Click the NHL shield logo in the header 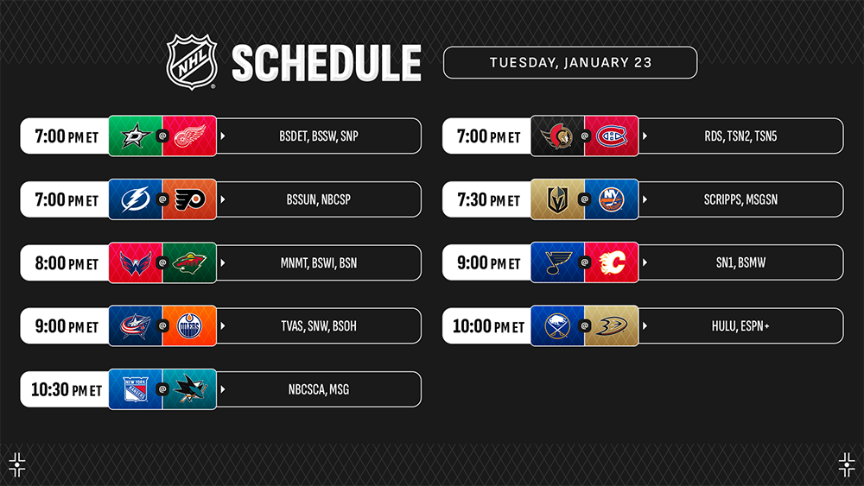tap(192, 61)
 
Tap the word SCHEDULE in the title tap(327, 63)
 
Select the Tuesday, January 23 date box tap(570, 63)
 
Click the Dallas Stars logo tap(136, 136)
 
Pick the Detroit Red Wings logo tap(189, 136)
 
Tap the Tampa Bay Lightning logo tap(136, 199)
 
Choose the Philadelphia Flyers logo tap(189, 199)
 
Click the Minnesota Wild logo tap(189, 262)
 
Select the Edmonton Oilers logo tap(189, 325)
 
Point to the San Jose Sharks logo tap(189, 389)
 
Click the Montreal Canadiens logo tap(612, 136)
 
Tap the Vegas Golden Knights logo tap(557, 199)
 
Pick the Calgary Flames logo tap(612, 262)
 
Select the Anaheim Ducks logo tap(612, 325)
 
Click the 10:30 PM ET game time tap(67, 389)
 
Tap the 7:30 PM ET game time tap(489, 199)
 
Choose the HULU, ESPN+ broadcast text tap(740, 325)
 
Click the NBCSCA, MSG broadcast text tap(319, 389)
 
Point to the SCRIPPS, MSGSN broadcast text tap(740, 199)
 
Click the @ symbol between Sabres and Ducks tap(585, 325)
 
